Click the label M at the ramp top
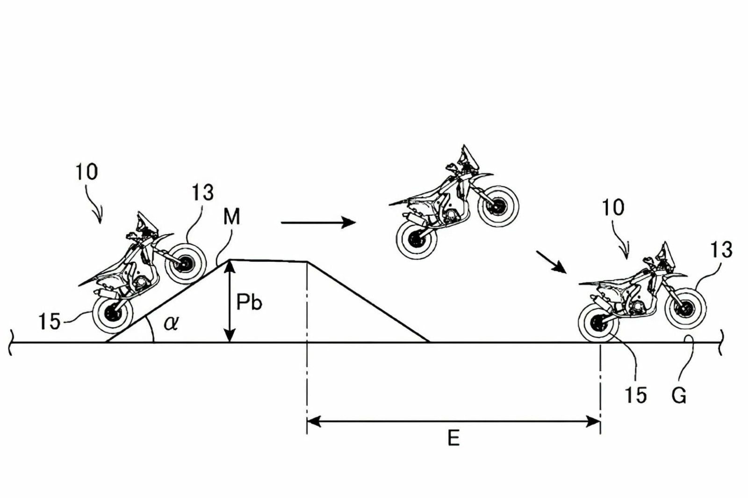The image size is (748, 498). [x=232, y=217]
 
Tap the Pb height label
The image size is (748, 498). [x=249, y=303]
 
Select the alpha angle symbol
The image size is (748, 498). [x=171, y=323]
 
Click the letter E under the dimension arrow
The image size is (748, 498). [x=453, y=439]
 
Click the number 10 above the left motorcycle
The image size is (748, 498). [x=87, y=172]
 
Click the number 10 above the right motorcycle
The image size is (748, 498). [x=613, y=208]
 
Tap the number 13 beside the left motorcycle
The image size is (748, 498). [x=202, y=192]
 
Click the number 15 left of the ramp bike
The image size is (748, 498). [x=50, y=321]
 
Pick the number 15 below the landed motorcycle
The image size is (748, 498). [x=635, y=396]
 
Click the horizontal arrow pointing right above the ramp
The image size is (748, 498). [x=318, y=223]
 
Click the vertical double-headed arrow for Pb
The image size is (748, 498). [x=229, y=301]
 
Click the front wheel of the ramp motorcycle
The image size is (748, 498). [x=186, y=263]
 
